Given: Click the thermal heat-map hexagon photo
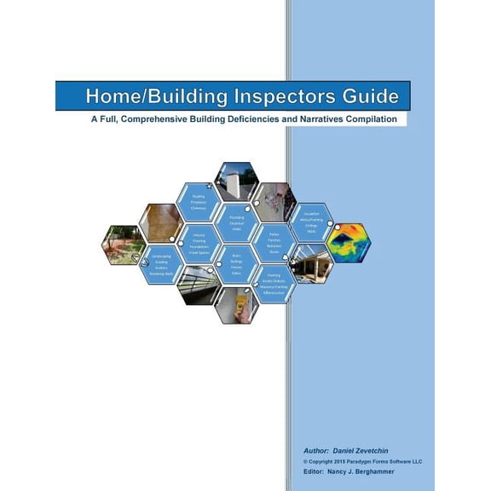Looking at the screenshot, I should [349, 241].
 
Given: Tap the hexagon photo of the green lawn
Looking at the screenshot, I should [122, 244].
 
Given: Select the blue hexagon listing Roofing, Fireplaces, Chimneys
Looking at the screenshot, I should [199, 202].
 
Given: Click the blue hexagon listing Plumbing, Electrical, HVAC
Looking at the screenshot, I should [236, 222].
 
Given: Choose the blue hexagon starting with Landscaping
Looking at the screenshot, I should [161, 264].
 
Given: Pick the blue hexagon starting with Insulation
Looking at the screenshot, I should [310, 222].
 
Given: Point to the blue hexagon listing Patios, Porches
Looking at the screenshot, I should [274, 243].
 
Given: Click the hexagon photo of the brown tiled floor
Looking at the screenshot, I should [160, 222].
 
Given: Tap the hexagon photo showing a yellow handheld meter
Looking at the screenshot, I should [237, 304].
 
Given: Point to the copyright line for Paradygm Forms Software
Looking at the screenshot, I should [362, 460].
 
